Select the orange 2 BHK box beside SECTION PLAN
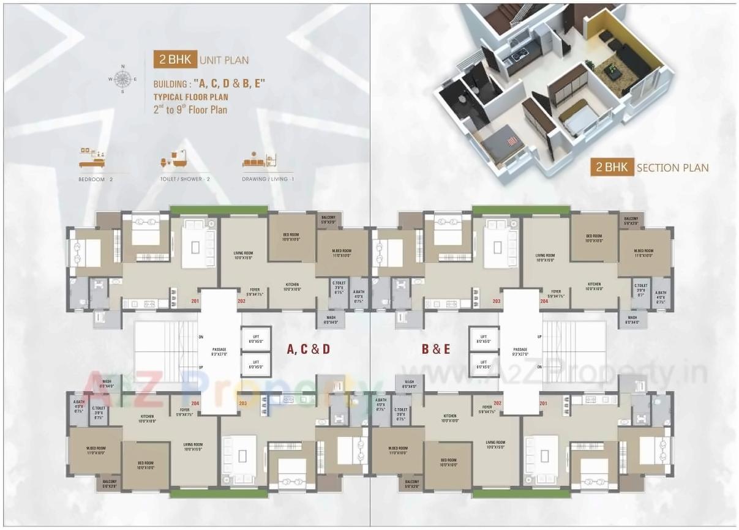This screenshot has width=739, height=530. coord(611,167)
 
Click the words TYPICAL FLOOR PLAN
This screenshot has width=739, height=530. coord(190,97)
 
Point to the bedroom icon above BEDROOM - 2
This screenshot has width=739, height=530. coord(92,159)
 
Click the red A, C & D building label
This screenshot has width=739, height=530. coord(308,349)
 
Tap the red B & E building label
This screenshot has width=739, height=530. coord(435,349)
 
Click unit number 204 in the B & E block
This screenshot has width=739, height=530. coord(544,301)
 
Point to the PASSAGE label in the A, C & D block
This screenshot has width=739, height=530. coord(219,351)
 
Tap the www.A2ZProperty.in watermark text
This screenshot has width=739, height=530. coord(551,371)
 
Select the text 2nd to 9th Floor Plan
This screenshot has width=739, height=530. coord(190,110)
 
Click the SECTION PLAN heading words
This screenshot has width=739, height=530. coord(672,168)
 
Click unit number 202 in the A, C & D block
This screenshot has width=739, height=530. coord(241,301)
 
